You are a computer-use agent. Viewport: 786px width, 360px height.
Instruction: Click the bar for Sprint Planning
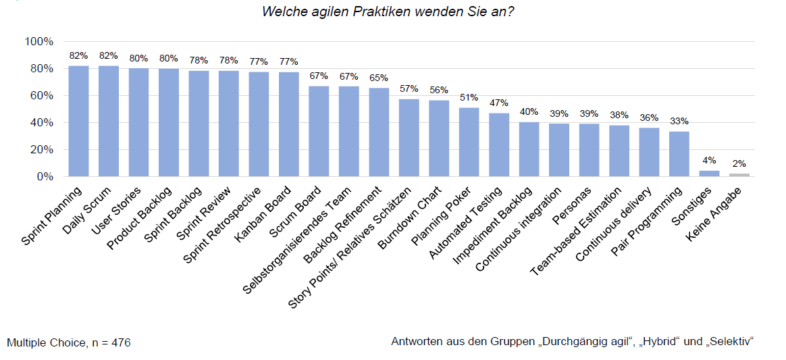click(x=78, y=121)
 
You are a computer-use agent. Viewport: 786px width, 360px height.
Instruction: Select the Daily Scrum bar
click(x=109, y=121)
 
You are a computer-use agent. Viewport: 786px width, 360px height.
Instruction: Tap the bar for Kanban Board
click(x=288, y=124)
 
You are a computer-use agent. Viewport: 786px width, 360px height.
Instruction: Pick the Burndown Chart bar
click(x=439, y=138)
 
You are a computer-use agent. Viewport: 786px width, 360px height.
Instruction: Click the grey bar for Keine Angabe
click(x=739, y=175)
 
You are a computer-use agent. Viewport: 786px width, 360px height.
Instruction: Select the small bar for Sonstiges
click(x=709, y=174)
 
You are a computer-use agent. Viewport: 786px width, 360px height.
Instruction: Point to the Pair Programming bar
click(x=679, y=154)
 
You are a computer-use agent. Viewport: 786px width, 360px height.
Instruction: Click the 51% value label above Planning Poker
click(x=469, y=97)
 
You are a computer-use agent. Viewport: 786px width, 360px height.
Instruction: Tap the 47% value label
click(x=499, y=103)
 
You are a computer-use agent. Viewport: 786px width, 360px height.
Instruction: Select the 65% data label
click(x=379, y=78)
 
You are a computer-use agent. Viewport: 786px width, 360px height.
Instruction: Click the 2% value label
click(x=739, y=163)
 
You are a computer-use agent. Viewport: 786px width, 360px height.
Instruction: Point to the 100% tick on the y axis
click(x=38, y=42)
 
